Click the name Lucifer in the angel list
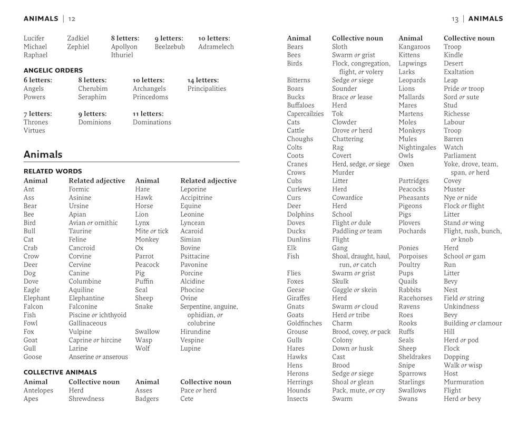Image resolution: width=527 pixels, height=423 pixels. click(34, 38)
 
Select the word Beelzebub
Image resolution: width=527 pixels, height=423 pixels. click(170, 46)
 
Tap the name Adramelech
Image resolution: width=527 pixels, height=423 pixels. click(216, 46)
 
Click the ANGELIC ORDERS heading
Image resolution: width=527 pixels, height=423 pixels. click(53, 70)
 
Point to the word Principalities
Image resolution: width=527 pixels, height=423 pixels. click(207, 89)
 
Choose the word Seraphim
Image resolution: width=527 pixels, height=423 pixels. click(92, 97)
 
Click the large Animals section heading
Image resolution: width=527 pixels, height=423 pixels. click(43, 155)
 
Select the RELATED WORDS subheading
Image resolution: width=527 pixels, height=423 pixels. click(53, 171)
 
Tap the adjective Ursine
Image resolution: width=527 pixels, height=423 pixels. click(79, 206)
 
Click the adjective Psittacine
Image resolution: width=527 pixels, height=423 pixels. click(195, 256)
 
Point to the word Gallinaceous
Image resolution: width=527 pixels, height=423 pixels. click(87, 323)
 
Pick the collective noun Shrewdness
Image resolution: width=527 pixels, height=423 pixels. click(86, 399)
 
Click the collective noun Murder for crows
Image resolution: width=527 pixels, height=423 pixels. click(343, 172)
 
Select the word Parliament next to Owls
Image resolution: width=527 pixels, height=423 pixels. click(460, 156)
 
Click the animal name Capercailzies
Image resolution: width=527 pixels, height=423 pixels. click(305, 113)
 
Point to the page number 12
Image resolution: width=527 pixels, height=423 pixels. click(72, 19)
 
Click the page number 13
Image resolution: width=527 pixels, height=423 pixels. click(455, 19)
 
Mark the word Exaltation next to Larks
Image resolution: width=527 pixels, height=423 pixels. click(458, 72)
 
